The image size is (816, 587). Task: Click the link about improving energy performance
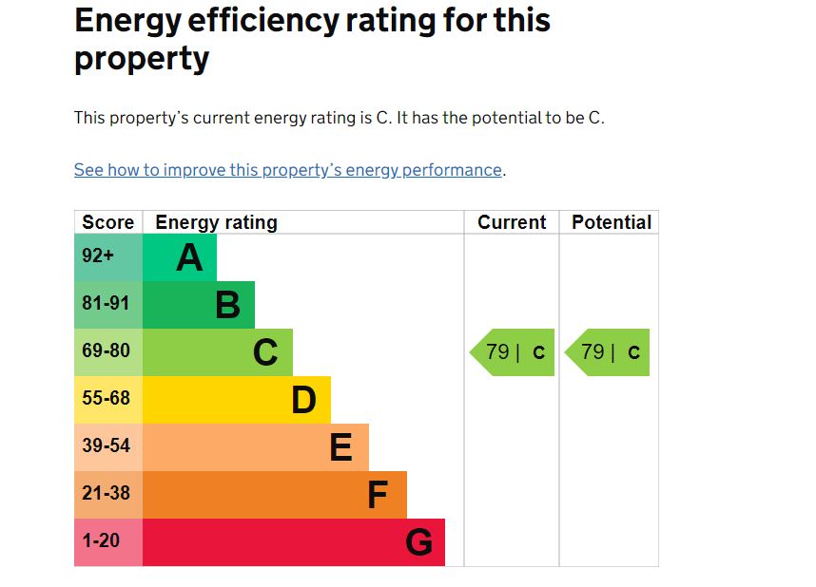click(x=287, y=170)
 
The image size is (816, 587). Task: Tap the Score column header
click(x=108, y=222)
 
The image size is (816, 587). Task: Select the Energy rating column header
click(x=216, y=222)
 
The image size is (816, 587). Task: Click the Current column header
click(x=512, y=222)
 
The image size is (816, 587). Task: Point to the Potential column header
click(x=611, y=222)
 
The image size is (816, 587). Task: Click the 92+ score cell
click(x=98, y=256)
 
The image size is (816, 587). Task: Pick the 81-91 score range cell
click(x=106, y=304)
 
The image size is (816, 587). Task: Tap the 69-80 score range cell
click(x=106, y=351)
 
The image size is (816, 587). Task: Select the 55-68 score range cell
click(x=106, y=399)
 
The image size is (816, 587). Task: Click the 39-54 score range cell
click(x=106, y=446)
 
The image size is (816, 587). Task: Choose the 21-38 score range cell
click(x=106, y=494)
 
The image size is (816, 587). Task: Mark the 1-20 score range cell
click(x=101, y=541)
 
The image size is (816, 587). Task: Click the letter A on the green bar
click(x=189, y=257)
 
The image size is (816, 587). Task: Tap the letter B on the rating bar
click(x=227, y=305)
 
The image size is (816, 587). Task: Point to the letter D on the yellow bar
click(x=303, y=400)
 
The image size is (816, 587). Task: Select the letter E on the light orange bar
click(x=340, y=447)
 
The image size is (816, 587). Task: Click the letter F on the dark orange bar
click(x=378, y=495)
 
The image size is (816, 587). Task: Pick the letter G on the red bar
click(x=418, y=542)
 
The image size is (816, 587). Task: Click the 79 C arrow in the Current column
click(x=514, y=352)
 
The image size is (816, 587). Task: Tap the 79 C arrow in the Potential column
click(x=609, y=352)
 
